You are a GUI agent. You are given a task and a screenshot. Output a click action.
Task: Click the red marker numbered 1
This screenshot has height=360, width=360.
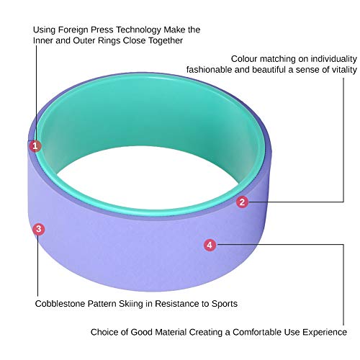tap(35, 146)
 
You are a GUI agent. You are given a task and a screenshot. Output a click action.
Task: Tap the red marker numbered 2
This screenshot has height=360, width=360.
tap(242, 202)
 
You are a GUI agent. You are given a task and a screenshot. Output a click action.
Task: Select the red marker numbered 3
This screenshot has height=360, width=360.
tap(39, 229)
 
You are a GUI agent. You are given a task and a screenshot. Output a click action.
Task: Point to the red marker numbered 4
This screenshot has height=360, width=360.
tap(210, 245)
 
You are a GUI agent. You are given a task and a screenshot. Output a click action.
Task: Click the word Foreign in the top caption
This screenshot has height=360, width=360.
tap(73, 30)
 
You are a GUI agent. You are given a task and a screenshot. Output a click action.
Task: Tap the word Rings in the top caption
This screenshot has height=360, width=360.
tap(109, 40)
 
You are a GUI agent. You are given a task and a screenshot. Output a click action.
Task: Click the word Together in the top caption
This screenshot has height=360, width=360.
tap(166, 40)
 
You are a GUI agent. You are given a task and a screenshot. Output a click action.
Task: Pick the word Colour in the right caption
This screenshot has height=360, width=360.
tap(244, 59)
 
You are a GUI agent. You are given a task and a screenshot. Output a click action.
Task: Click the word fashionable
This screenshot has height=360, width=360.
tap(210, 70)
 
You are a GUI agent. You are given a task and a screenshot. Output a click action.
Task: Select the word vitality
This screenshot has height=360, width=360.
tap(344, 70)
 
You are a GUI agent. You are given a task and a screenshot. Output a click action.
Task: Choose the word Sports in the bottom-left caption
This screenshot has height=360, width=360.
tap(225, 304)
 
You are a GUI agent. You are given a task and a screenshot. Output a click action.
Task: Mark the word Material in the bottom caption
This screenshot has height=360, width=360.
tap(171, 332)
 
